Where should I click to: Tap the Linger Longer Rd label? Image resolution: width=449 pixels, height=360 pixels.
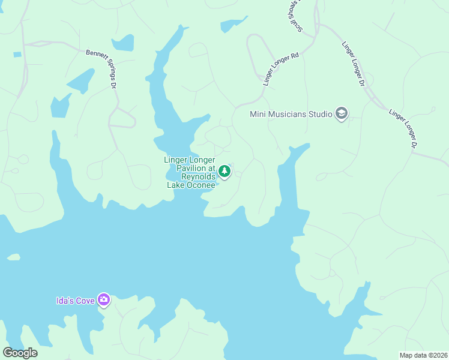tap(281, 68)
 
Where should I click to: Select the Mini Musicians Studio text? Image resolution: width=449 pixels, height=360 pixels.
tap(291, 113)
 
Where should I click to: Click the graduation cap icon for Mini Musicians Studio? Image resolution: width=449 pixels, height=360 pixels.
tap(342, 113)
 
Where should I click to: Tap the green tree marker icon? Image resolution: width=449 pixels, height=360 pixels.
tap(224, 172)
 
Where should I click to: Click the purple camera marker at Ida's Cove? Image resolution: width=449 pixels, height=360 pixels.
tap(104, 299)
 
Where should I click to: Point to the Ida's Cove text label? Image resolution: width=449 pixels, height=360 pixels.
tap(76, 300)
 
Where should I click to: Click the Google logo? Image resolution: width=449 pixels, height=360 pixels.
tap(20, 353)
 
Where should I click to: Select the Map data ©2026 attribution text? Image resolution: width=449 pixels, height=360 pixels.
tap(423, 355)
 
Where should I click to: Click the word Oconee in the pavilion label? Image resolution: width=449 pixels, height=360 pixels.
tap(200, 185)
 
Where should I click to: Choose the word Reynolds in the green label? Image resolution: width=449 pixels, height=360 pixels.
tap(198, 177)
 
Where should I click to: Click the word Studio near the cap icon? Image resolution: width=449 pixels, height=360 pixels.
tap(318, 113)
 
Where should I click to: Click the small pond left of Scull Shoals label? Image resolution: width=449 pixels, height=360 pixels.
tap(233, 25)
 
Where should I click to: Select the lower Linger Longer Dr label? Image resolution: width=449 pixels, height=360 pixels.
tap(403, 128)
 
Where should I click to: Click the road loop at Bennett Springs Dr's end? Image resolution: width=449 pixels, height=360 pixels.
tap(122, 119)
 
